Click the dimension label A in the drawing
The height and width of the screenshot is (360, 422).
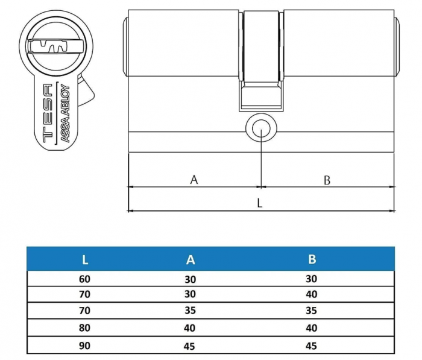[x=194, y=179]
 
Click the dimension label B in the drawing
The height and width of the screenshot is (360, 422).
[x=327, y=179]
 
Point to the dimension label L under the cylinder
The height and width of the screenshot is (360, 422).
[x=260, y=203]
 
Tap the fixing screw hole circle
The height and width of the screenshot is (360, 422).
[x=260, y=128]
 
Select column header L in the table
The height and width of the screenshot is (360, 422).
[x=85, y=260]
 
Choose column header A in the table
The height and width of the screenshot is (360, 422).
[x=191, y=260]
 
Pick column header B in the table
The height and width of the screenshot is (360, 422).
[x=312, y=260]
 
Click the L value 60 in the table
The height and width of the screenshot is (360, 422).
[x=85, y=279]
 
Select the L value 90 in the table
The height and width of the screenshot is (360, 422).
[x=85, y=346]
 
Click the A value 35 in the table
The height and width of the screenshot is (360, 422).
[x=191, y=312]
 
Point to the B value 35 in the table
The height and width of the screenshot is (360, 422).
[x=312, y=312]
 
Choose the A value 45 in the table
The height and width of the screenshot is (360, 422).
[x=191, y=346]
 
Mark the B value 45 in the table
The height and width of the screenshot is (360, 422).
[x=312, y=346]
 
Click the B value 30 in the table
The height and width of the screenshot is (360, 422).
[x=312, y=279]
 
